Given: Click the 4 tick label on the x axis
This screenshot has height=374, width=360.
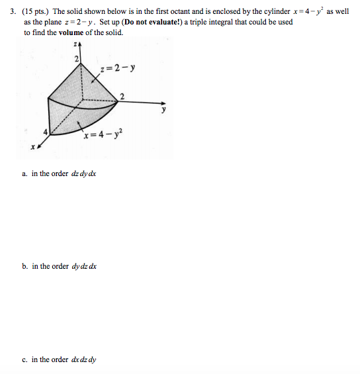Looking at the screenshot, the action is click(45, 132).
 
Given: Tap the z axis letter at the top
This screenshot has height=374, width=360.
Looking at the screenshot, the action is click(77, 44).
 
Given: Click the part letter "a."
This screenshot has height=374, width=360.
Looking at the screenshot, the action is click(24, 173).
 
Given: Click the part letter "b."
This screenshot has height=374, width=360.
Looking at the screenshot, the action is click(24, 266).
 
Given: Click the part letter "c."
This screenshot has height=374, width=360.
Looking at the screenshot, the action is click(24, 359).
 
